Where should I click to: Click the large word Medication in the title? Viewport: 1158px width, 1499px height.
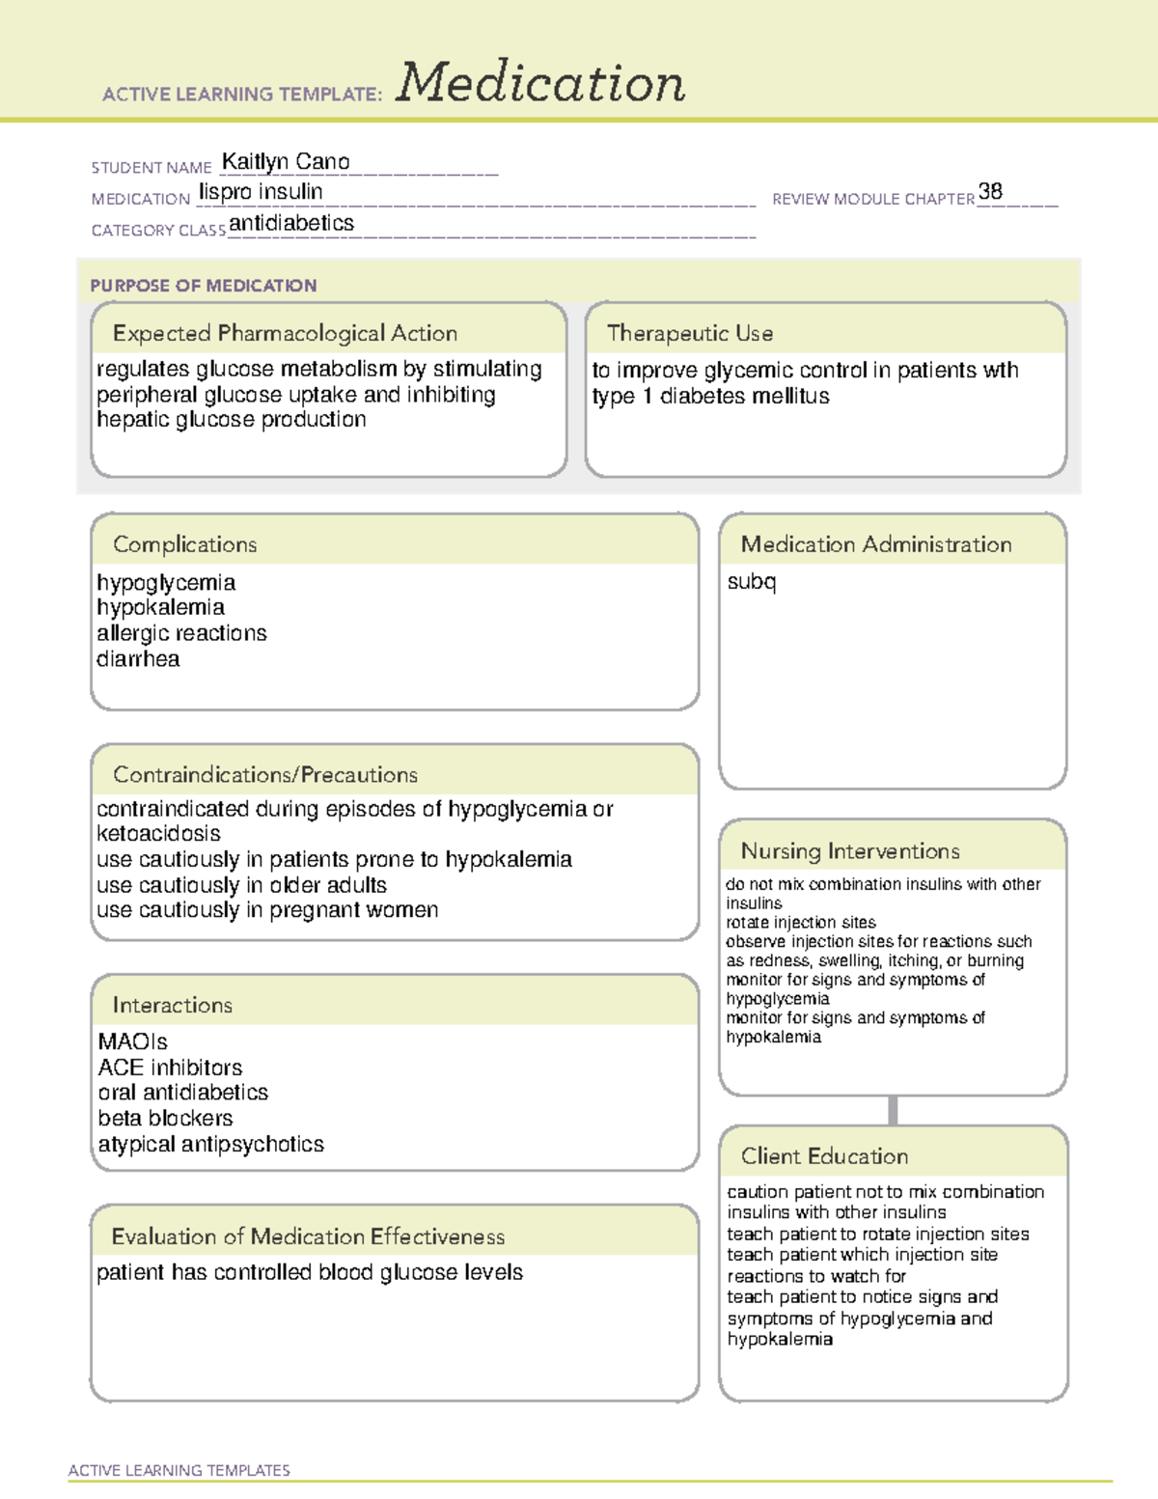[x=540, y=83]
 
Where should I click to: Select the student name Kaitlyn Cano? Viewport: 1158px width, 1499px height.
[x=286, y=162]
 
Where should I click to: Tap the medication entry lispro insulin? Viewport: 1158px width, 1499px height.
[x=261, y=192]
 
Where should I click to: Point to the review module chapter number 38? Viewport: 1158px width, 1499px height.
[x=990, y=191]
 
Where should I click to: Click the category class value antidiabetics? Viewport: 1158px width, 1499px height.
[x=291, y=223]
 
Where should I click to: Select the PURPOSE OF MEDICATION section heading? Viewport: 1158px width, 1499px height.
[x=204, y=286]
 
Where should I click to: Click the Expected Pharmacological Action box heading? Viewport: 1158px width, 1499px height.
[x=285, y=333]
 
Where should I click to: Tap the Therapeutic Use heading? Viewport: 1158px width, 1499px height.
[x=689, y=333]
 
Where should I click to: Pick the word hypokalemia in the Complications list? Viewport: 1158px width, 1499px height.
[x=160, y=607]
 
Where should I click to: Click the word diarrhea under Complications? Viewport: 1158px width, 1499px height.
[x=138, y=659]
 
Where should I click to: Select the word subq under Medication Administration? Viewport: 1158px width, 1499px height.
[x=751, y=582]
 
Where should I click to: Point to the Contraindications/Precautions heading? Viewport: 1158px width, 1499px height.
[x=265, y=774]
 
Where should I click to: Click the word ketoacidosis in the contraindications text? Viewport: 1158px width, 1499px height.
[x=158, y=834]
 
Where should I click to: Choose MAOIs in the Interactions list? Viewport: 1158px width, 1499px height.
[x=132, y=1041]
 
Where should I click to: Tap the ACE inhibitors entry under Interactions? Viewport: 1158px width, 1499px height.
[x=170, y=1068]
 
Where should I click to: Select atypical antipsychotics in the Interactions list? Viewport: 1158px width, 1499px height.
[x=210, y=1144]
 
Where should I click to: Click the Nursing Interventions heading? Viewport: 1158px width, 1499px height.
[x=850, y=850]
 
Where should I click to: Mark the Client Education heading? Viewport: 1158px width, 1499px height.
[x=824, y=1155]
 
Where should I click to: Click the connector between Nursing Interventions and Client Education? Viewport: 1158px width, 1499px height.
[x=893, y=1110]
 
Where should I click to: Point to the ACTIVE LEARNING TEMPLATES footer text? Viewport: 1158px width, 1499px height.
[x=179, y=1470]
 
